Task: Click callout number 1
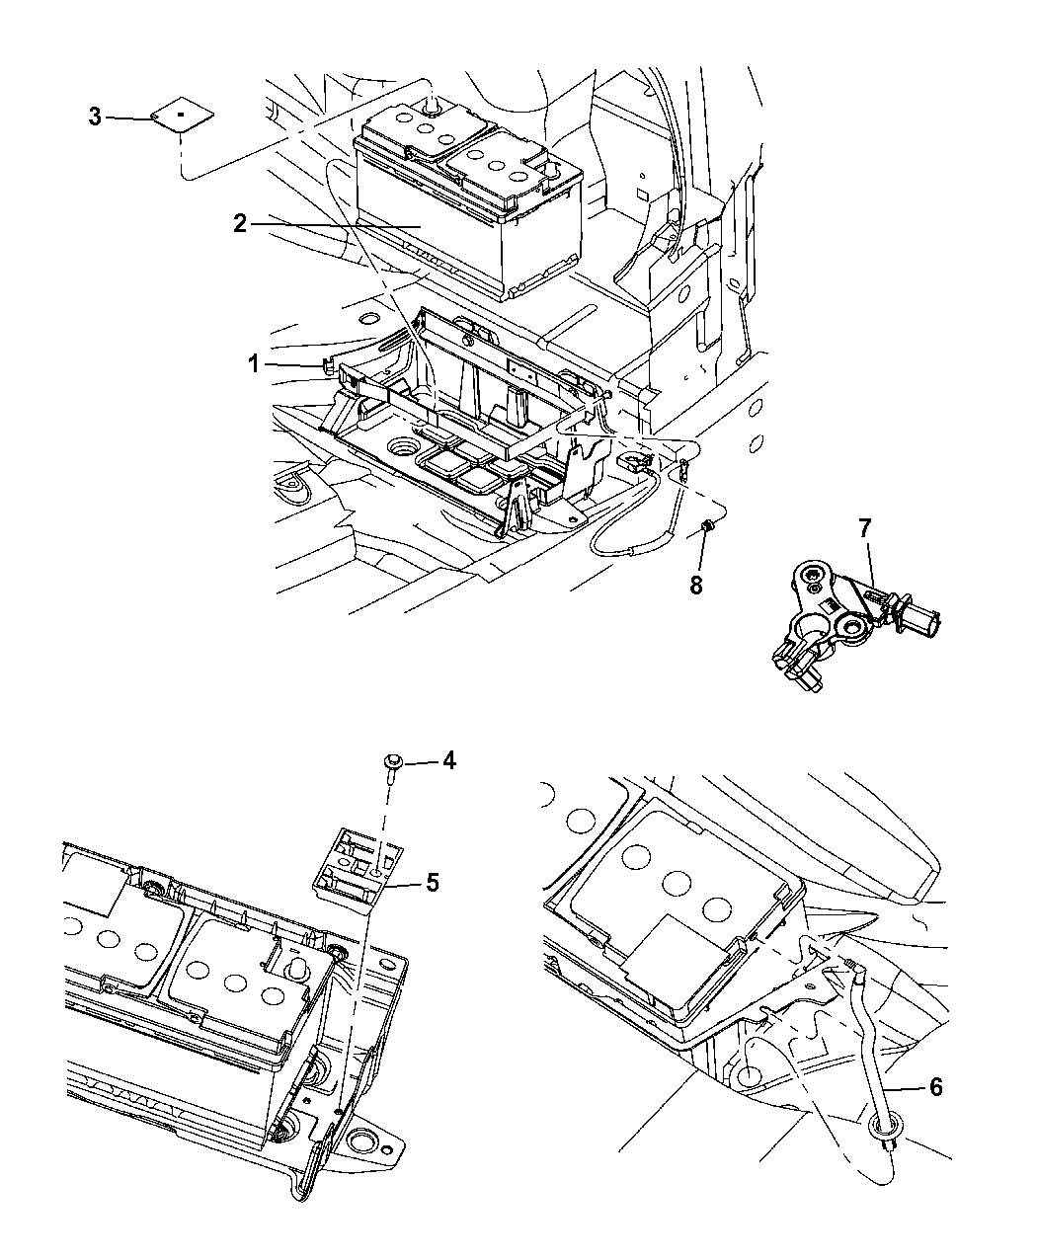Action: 254,364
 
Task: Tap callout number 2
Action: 240,223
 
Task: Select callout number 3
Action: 95,118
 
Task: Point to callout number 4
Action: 448,760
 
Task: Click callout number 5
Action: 432,882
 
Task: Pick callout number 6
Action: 935,1087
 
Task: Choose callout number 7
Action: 865,528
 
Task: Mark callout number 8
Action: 695,585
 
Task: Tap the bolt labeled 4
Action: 392,763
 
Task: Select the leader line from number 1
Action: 291,365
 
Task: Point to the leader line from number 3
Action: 128,118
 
